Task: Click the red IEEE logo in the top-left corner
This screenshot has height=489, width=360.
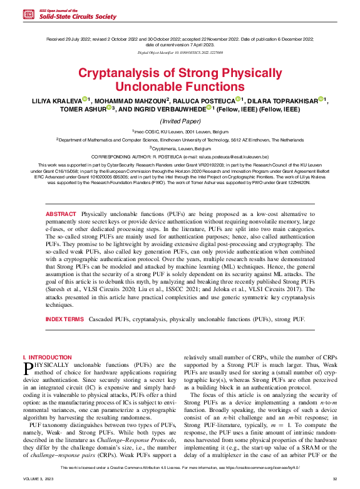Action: pyautogui.click(x=27, y=13)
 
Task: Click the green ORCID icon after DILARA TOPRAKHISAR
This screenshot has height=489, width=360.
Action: pyautogui.click(x=321, y=99)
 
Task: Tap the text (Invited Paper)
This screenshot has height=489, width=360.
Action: pyautogui.click(x=180, y=120)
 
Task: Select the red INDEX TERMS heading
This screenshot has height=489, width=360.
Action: pyautogui.click(x=64, y=319)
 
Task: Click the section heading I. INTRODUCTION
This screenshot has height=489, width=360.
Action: pyautogui.click(x=47, y=357)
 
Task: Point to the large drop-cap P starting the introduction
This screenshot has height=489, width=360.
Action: pyautogui.click(x=28, y=368)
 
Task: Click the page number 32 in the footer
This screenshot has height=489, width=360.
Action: pyautogui.click(x=335, y=479)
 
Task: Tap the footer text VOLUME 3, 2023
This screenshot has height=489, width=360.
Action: pyautogui.click(x=38, y=479)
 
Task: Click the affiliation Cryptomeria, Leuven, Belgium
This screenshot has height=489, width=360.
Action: pyautogui.click(x=180, y=148)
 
